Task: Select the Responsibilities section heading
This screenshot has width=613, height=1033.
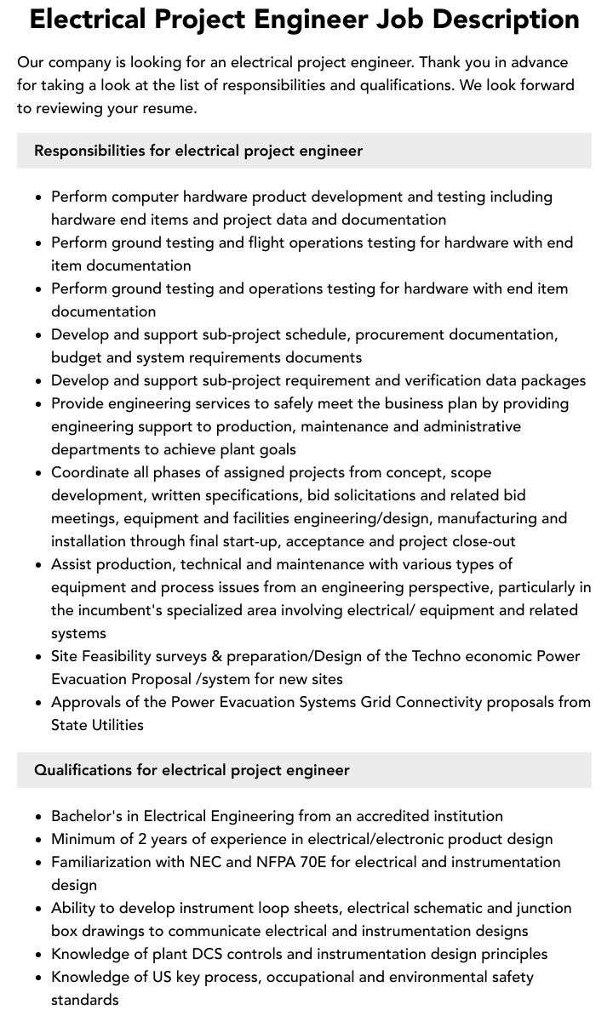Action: (198, 151)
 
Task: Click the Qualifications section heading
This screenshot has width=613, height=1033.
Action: (192, 770)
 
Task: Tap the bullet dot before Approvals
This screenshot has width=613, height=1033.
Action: (38, 703)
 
